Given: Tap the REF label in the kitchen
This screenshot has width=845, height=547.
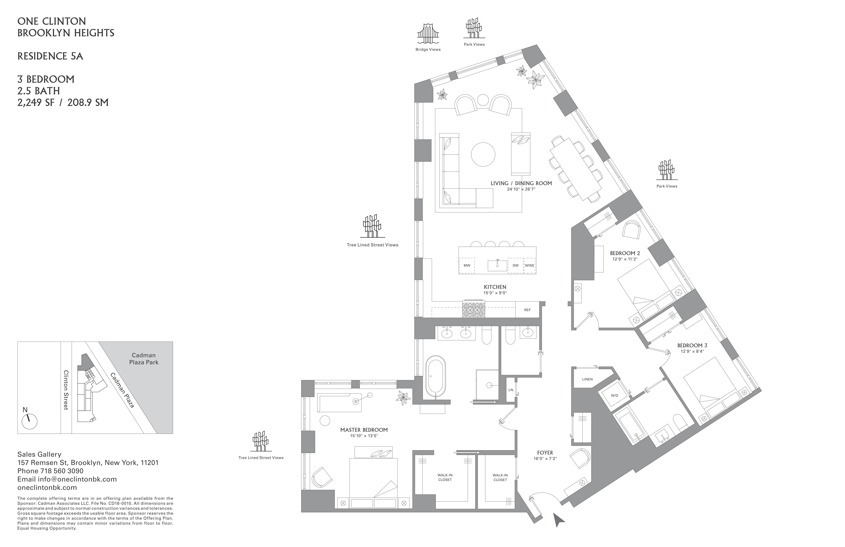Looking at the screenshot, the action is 527,310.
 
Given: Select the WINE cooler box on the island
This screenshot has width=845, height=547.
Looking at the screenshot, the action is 529,265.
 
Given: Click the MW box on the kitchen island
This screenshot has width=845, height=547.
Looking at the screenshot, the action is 467,265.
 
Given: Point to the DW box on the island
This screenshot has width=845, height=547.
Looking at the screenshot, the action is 515,265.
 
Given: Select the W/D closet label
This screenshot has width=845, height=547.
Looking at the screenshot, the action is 614,395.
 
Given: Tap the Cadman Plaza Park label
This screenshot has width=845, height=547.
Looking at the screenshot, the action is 144,359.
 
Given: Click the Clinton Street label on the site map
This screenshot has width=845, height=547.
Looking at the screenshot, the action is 66,390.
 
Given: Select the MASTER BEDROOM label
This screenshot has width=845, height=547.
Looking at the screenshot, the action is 364,430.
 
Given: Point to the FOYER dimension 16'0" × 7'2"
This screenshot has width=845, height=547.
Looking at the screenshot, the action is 545,458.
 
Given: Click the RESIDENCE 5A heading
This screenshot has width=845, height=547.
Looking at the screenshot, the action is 50,56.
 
